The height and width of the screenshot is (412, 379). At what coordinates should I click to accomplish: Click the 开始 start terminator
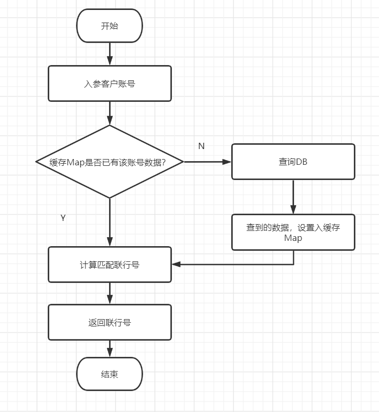[x=110, y=26]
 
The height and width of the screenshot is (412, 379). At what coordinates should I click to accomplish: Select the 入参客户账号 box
[x=110, y=83]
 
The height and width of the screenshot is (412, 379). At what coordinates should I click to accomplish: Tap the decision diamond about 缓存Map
[x=110, y=162]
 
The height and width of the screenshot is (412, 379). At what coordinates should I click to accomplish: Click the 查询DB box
[x=293, y=162]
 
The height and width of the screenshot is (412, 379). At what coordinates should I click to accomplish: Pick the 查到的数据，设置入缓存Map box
[x=293, y=233]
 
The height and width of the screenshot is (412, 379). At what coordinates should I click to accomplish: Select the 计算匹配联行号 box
[x=110, y=265]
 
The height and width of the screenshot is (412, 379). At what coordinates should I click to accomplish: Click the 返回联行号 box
[x=110, y=322]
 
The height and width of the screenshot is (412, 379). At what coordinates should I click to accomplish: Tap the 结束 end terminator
[x=110, y=374]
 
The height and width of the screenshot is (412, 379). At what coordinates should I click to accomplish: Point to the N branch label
[x=201, y=146]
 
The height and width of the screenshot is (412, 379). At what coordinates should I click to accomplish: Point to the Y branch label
[x=63, y=218]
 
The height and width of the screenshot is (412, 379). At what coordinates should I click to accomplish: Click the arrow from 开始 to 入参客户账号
[x=110, y=54]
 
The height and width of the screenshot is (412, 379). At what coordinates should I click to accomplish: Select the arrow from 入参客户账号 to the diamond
[x=110, y=113]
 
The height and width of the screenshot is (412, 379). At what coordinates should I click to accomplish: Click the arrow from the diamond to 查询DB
[x=207, y=162]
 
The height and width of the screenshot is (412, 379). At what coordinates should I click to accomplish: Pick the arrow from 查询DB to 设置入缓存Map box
[x=293, y=197]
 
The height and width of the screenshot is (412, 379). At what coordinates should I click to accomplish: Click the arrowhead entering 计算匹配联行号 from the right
[x=176, y=265]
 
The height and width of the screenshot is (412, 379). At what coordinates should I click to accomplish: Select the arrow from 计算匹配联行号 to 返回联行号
[x=110, y=293]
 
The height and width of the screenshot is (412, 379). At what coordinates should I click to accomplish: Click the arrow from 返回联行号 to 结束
[x=110, y=348]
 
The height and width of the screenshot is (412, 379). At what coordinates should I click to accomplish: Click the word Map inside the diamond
[x=74, y=162]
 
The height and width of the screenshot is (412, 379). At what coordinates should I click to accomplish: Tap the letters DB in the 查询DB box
[x=302, y=162]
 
